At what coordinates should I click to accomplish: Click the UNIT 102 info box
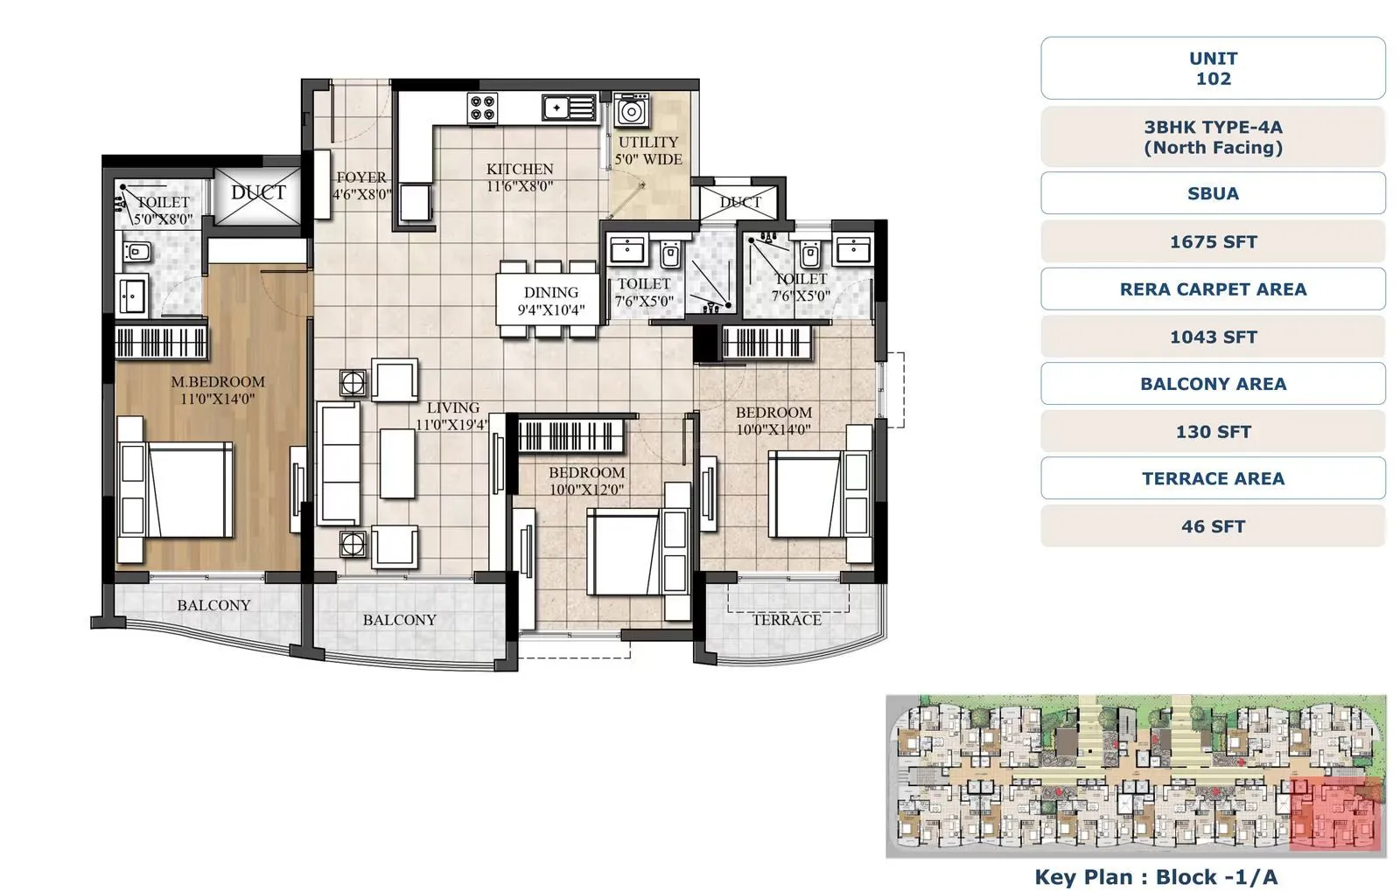(x=1213, y=68)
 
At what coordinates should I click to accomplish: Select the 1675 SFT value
(x=1213, y=242)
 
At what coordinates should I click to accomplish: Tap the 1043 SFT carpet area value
(x=1213, y=337)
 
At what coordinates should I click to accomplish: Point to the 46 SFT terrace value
(x=1213, y=526)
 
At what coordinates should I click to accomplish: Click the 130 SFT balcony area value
(x=1213, y=432)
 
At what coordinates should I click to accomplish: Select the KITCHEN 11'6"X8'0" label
(x=520, y=178)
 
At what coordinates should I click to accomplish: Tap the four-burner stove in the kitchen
(x=483, y=108)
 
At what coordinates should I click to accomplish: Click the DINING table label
(x=550, y=301)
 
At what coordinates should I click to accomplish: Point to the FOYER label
(x=360, y=185)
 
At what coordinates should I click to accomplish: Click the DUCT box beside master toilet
(x=258, y=193)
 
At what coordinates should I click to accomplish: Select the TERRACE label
(x=787, y=620)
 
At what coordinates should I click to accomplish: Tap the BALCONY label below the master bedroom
(x=213, y=605)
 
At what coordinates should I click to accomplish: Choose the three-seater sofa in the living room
(x=339, y=463)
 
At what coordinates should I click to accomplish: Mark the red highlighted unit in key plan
(x=1335, y=813)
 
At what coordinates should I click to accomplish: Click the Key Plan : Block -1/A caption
(x=1156, y=877)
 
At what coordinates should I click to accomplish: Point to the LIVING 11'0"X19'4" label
(x=452, y=416)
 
